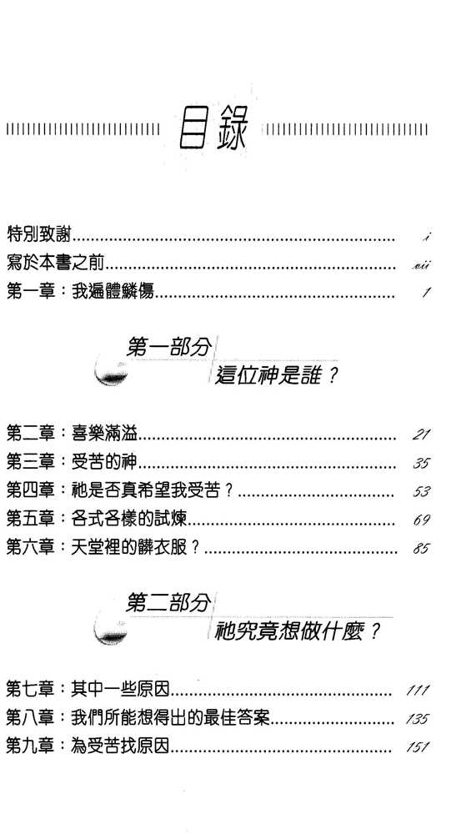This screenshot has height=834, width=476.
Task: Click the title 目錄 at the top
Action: (213, 130)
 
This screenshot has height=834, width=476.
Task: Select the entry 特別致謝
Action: (40, 234)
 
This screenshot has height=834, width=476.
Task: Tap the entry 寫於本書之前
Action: (56, 262)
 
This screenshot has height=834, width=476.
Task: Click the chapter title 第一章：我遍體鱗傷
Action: (80, 291)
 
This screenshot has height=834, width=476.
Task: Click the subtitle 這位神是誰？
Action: (277, 377)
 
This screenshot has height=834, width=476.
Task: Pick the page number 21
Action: (421, 435)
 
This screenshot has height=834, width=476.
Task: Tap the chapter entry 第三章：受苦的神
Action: (73, 462)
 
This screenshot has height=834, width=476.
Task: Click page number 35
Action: (421, 463)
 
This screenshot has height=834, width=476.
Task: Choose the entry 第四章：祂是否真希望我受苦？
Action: (120, 491)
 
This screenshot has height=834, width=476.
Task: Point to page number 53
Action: (421, 492)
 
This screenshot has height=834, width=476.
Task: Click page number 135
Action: (417, 720)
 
